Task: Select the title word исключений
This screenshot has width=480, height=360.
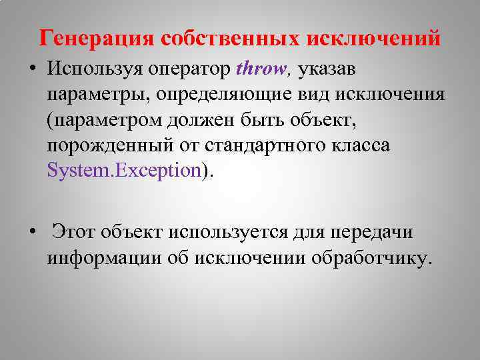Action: pyautogui.click(x=373, y=37)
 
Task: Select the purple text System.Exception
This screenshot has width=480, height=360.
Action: pyautogui.click(x=123, y=170)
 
